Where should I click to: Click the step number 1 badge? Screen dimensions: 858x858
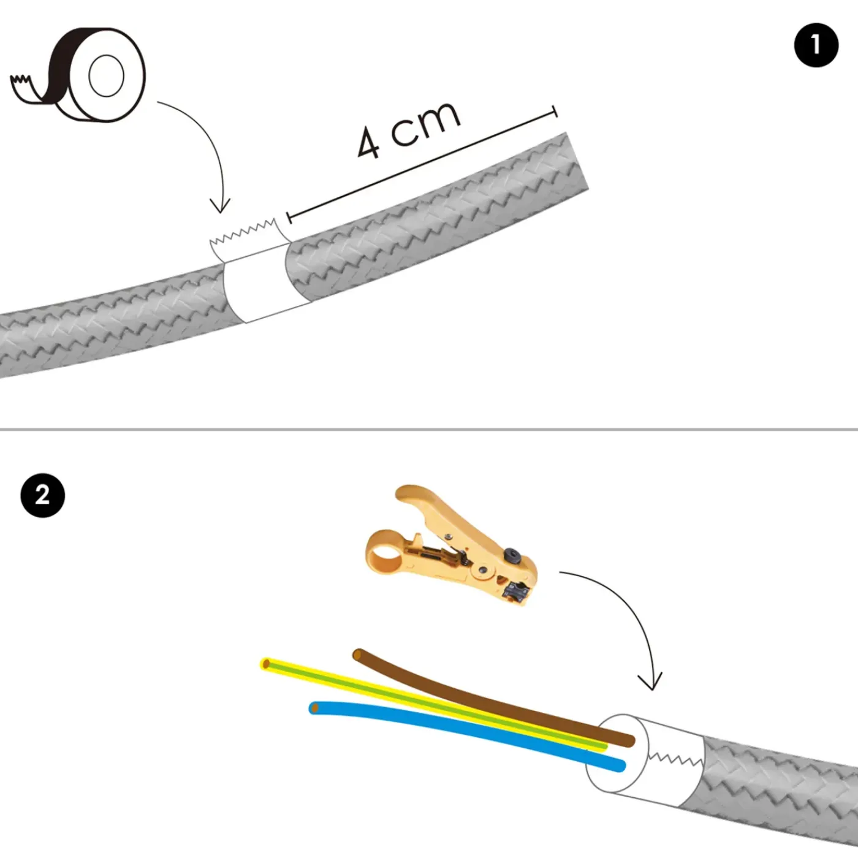[x=816, y=45]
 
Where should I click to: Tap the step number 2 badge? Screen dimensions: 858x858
[x=43, y=495]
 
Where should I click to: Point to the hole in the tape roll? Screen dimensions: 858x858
[x=106, y=76]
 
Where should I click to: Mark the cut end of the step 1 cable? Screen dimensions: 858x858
[x=577, y=161]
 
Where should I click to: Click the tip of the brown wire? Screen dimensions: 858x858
[x=357, y=655]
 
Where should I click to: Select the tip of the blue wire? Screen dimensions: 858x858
[x=314, y=708]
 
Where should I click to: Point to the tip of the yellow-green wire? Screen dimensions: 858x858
[x=266, y=664]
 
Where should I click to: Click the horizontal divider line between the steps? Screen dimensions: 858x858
[x=429, y=430]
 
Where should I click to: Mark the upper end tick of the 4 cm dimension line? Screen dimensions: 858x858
[x=555, y=112]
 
